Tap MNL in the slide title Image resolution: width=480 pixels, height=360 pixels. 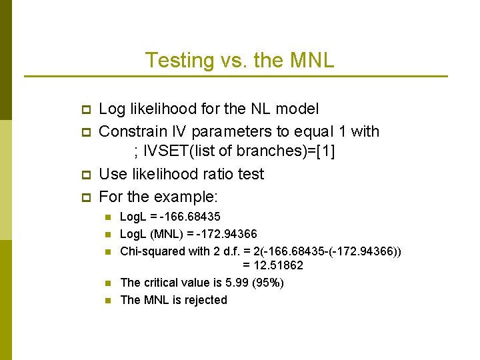tap(313, 61)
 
